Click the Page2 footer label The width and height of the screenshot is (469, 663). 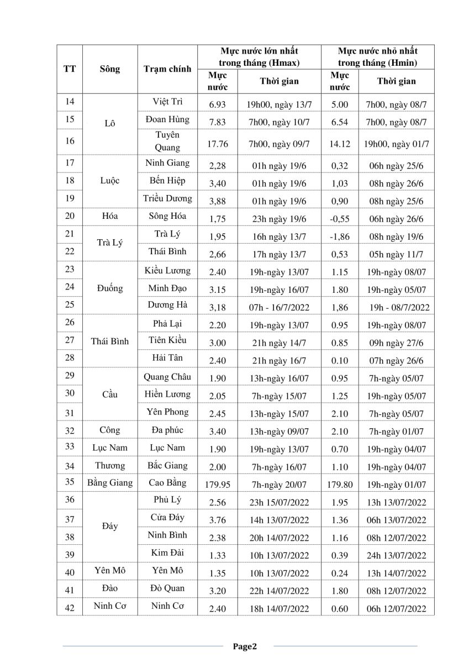coord(245,646)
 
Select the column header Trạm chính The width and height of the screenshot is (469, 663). coord(167,69)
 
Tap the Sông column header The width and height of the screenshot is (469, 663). coord(110,69)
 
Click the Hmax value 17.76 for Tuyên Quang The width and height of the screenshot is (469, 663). coord(218,144)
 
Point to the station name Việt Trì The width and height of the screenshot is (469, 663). coord(167,102)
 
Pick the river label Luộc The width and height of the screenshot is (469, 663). coord(110,181)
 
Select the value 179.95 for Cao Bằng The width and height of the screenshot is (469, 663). coord(218,485)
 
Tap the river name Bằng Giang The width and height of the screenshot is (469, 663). coord(110,482)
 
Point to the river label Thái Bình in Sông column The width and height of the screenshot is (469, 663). coord(110,341)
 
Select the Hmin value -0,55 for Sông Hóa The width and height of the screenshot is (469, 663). coord(339,219)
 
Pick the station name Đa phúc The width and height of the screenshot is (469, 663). coord(167,430)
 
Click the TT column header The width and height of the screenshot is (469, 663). coord(70,69)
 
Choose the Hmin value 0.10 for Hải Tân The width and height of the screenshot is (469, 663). coord(339,361)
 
